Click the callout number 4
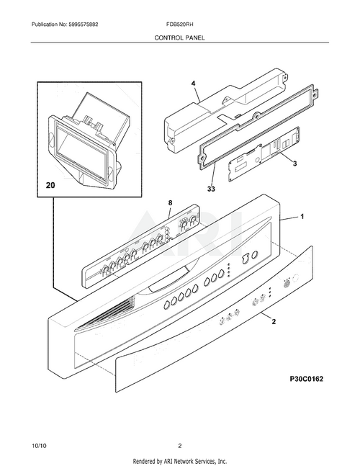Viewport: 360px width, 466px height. point(193,84)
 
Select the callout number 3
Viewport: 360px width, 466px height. point(294,165)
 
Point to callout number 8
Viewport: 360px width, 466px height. point(170,203)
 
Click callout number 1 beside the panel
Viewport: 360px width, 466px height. point(302,217)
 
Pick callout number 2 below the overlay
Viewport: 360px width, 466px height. point(273,323)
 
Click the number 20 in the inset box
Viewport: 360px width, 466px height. point(50,185)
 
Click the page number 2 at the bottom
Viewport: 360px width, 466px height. point(179,445)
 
